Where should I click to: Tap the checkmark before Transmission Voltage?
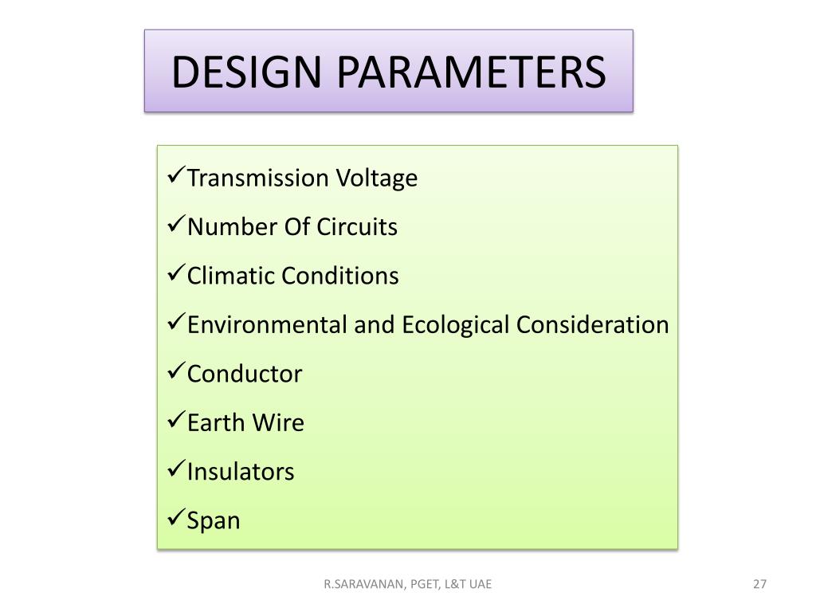[177, 177]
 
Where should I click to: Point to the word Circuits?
[357, 227]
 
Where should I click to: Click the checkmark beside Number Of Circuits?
[177, 226]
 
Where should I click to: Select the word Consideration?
[592, 325]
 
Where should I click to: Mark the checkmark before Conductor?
[177, 373]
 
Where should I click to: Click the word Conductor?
[245, 374]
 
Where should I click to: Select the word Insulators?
[241, 472]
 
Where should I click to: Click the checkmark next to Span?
[177, 520]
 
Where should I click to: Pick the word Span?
[214, 521]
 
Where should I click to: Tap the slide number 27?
[759, 584]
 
